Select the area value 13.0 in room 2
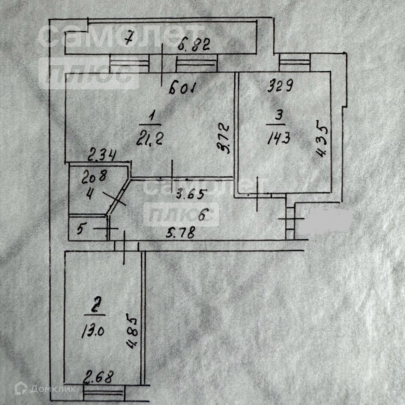(x=91, y=331)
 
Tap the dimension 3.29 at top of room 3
(x=280, y=87)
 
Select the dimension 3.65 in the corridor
(x=191, y=194)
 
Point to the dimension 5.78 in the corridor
(x=181, y=234)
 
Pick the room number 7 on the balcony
(x=129, y=39)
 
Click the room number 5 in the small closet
(x=80, y=229)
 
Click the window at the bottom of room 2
(x=103, y=394)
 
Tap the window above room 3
(x=295, y=62)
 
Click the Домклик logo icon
(x=21, y=389)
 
